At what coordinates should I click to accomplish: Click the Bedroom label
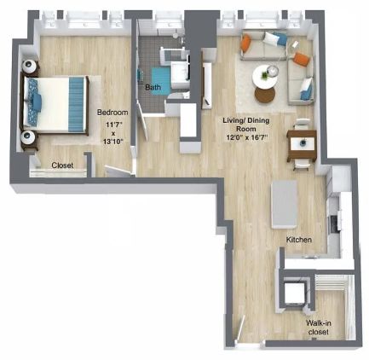pyautogui.click(x=112, y=113)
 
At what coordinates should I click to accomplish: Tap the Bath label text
pyautogui.click(x=153, y=87)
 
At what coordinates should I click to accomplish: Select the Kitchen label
pyautogui.click(x=299, y=240)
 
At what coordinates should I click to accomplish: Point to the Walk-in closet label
pyautogui.click(x=319, y=328)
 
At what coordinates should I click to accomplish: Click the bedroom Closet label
pyautogui.click(x=62, y=165)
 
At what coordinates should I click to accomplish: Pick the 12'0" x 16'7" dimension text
pyautogui.click(x=246, y=137)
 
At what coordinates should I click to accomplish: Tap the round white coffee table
pyautogui.click(x=265, y=76)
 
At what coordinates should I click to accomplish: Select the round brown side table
pyautogui.click(x=265, y=95)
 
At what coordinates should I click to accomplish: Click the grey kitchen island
pyautogui.click(x=285, y=204)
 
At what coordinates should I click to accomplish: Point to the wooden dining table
pyautogui.click(x=302, y=145)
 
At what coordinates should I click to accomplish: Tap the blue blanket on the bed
pyautogui.click(x=77, y=105)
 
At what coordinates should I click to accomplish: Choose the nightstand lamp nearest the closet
pyautogui.click(x=28, y=137)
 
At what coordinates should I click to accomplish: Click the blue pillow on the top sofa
pyautogui.click(x=280, y=39)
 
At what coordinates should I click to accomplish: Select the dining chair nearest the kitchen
pyautogui.click(x=302, y=165)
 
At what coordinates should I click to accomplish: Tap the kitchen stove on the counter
pyautogui.click(x=334, y=223)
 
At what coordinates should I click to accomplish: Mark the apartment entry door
pyautogui.click(x=241, y=329)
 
